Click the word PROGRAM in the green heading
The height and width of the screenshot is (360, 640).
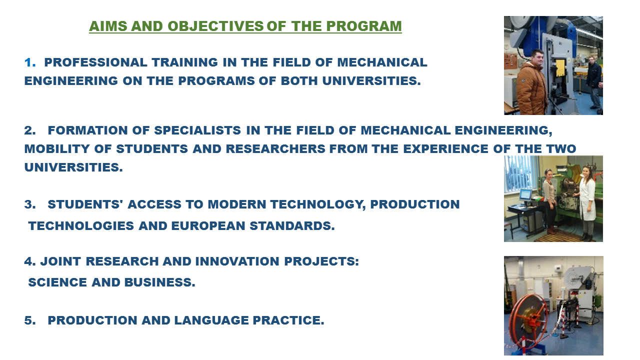tap(363, 26)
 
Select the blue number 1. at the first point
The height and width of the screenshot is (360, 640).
tap(30, 62)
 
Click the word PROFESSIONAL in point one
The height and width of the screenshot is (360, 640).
tap(95, 62)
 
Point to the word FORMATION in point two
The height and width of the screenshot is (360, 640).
tap(87, 130)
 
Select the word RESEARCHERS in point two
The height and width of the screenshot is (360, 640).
tap(275, 149)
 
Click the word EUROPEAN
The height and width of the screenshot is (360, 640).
tap(208, 225)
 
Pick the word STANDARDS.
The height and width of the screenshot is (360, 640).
tap(292, 225)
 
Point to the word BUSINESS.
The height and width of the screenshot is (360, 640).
tap(159, 282)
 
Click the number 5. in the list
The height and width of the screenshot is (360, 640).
tap(30, 320)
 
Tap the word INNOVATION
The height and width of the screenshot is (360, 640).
tap(237, 261)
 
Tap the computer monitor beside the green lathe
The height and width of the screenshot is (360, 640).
tap(525, 195)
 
